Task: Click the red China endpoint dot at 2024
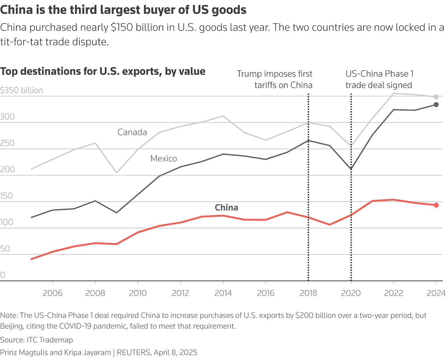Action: (436, 205)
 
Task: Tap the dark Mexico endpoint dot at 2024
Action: (436, 105)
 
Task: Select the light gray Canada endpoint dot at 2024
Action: (436, 97)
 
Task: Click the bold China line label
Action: (226, 207)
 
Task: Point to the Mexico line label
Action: (163, 159)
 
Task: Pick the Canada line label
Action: (132, 132)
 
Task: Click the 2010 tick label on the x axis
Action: (138, 293)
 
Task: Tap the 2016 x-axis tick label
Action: (266, 293)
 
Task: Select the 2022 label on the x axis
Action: (393, 293)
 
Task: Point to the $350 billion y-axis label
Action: (22, 90)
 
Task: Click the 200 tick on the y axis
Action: (7, 169)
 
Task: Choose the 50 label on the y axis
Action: (5, 248)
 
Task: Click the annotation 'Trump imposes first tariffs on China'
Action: (275, 79)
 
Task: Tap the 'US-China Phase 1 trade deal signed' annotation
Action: (379, 79)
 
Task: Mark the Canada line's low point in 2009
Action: (116, 173)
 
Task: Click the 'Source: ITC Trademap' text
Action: (37, 340)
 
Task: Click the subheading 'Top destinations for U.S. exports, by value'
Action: (103, 71)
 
